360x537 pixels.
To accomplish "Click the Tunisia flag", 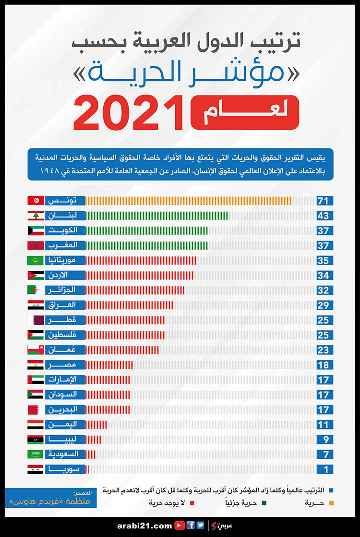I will coord(36,201).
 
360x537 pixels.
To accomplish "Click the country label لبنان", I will coord(65,216).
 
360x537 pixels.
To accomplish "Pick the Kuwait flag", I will coord(36,231).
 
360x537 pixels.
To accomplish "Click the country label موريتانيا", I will coord(65,260).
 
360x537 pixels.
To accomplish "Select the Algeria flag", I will coord(36,290).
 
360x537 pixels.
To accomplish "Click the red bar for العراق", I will coord(130,305).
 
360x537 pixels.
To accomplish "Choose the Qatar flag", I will coord(36,320).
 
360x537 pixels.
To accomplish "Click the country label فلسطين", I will coord(65,335).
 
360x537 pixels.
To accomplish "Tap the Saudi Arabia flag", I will coord(36,454).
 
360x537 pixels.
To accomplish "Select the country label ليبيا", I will coord(65,439).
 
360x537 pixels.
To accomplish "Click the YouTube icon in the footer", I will coord(180,525).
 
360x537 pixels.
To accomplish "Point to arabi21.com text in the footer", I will coord(144,526).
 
